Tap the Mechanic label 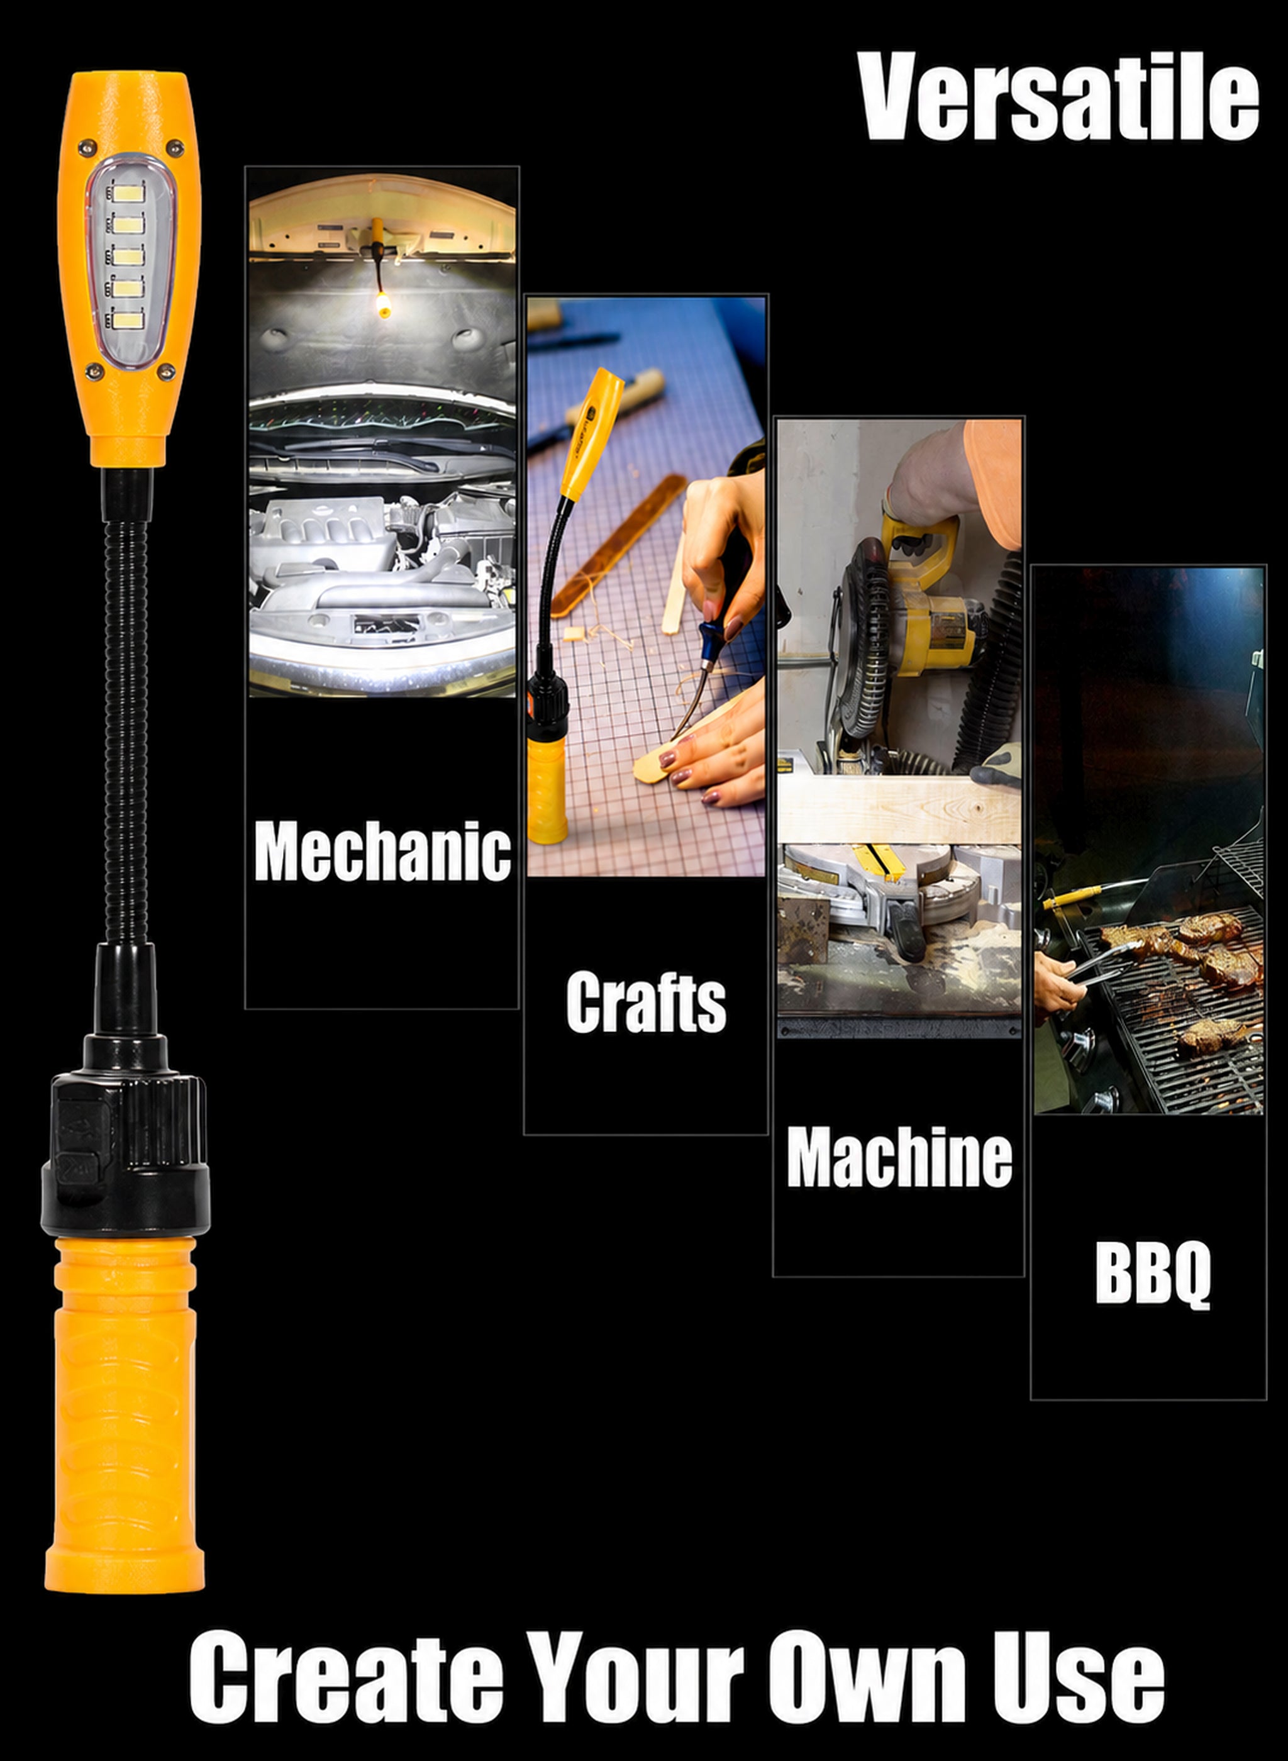click(382, 852)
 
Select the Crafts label click(645, 1001)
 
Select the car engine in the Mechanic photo click(382, 561)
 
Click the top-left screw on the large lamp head click(87, 147)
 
